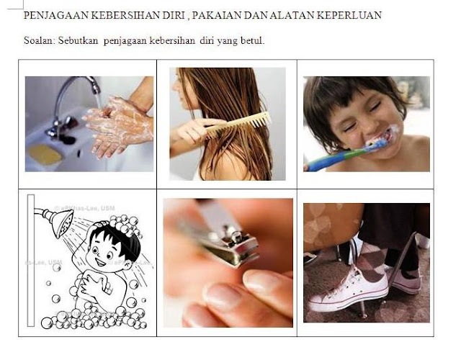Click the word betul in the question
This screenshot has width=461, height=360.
251,40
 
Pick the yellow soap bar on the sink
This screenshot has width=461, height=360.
45,153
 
